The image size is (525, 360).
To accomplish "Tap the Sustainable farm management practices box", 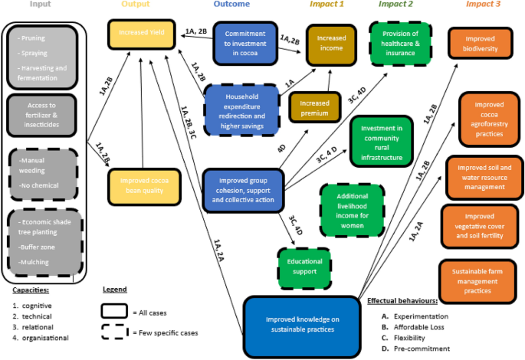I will [476, 281].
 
